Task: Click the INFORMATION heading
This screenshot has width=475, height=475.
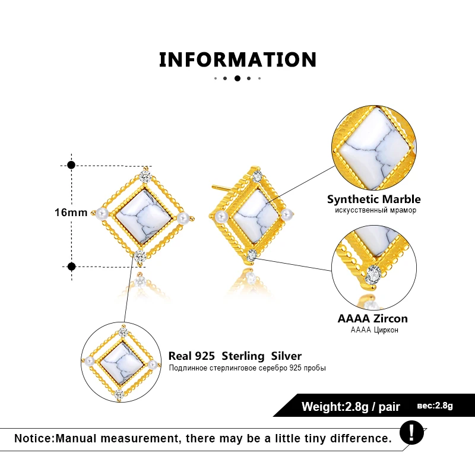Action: pyautogui.click(x=238, y=59)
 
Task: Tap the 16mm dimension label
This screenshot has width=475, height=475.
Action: pyautogui.click(x=71, y=213)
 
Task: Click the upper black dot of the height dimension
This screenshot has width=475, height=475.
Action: pyautogui.click(x=71, y=165)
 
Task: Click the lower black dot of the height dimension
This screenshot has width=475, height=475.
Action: pyautogui.click(x=71, y=267)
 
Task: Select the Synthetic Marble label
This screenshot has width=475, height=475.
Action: pyautogui.click(x=374, y=199)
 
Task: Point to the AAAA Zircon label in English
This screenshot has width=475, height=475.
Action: pyautogui.click(x=373, y=318)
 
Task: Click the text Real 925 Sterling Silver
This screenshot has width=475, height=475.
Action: pyautogui.click(x=235, y=356)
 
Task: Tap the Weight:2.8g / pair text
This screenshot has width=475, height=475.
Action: pyautogui.click(x=351, y=407)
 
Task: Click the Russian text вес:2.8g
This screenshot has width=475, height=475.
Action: pyautogui.click(x=435, y=406)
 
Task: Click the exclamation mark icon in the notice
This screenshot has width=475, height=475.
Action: pyautogui.click(x=411, y=432)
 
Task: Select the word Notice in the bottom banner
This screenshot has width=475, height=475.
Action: pyautogui.click(x=34, y=438)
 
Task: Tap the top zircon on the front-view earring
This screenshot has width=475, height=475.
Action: pyautogui.click(x=145, y=176)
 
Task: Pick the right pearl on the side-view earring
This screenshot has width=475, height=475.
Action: pyautogui.click(x=286, y=214)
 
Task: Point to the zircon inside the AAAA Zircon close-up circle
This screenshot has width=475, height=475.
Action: pyautogui.click(x=373, y=275)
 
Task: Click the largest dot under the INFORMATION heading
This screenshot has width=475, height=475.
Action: pyautogui.click(x=237, y=78)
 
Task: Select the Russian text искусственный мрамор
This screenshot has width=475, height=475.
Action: pyautogui.click(x=375, y=210)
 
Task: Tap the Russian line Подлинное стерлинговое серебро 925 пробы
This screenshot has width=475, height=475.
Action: pyautogui.click(x=247, y=368)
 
